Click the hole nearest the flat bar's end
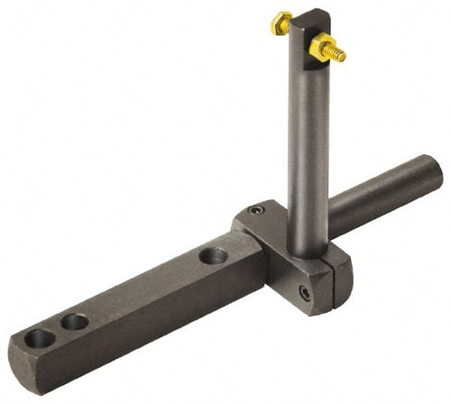pos(41,339)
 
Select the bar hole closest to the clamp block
pos(213,256)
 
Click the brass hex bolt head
pos(281,23)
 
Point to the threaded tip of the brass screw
pos(339,55)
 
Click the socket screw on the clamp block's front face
pos(305,293)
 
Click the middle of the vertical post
pos(305,135)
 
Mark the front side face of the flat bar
pos(144,325)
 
